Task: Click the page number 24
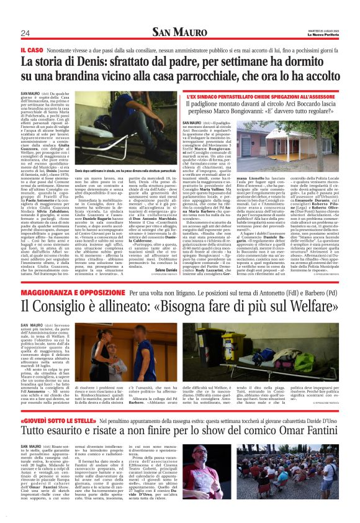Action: [25, 33]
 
